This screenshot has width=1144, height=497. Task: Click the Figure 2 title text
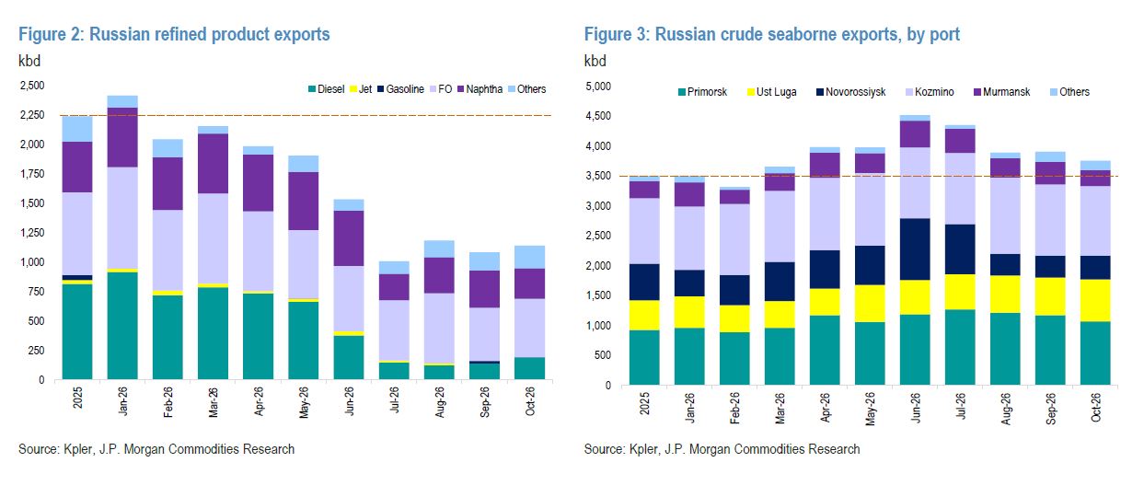[174, 34]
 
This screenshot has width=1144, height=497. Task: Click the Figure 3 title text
[771, 34]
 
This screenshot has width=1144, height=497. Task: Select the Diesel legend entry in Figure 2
[327, 89]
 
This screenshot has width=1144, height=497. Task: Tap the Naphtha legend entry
[480, 89]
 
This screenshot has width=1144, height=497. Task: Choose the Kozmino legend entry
[930, 92]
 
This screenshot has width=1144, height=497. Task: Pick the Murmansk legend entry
[1002, 92]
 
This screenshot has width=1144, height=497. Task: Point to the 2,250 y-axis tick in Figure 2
[32, 115]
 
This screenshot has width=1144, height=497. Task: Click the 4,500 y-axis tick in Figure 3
[598, 116]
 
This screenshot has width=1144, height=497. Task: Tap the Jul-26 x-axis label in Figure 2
[394, 400]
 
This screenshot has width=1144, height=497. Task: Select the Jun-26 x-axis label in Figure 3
[914, 408]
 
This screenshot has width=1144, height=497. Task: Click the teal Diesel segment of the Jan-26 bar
[122, 326]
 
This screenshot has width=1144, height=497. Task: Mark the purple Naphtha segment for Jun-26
[349, 238]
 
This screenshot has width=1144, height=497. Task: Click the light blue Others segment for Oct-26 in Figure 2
[529, 257]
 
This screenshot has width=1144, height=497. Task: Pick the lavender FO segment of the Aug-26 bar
[439, 328]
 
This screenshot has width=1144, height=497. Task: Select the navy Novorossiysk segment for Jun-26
[915, 249]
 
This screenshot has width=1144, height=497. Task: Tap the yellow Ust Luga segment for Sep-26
[1050, 296]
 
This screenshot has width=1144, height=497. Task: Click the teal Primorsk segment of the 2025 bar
[644, 357]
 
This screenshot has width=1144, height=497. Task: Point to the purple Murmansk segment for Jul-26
[960, 141]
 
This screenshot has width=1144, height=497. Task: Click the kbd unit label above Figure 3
[595, 61]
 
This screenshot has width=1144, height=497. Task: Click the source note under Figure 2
[156, 449]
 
